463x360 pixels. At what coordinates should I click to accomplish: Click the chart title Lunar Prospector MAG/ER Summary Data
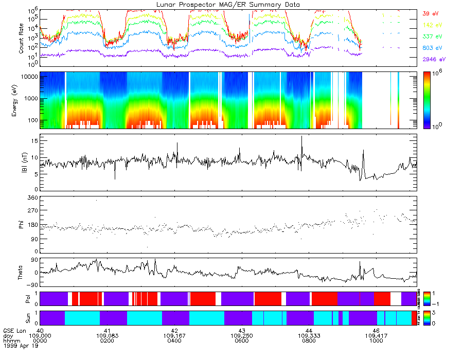228,4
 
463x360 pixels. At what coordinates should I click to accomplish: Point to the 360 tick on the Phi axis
32,198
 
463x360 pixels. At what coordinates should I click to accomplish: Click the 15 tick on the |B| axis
33,140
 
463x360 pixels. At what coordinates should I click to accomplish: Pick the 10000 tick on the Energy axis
28,77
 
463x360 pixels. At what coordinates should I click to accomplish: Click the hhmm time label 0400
174,341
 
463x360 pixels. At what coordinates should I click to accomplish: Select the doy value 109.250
242,336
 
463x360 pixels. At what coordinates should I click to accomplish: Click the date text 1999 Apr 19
17,346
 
